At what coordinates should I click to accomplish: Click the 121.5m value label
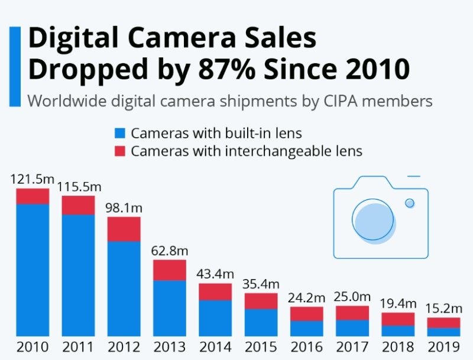(x=33, y=179)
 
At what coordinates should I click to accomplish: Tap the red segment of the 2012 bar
(x=124, y=229)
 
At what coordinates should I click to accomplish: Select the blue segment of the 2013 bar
(x=170, y=309)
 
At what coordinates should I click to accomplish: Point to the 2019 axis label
(x=444, y=347)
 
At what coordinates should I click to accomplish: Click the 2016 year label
(x=307, y=347)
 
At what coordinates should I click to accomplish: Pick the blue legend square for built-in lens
(x=120, y=133)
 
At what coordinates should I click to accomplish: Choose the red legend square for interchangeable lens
(x=120, y=151)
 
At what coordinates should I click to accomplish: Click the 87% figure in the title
(x=226, y=69)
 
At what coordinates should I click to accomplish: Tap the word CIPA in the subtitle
(x=341, y=101)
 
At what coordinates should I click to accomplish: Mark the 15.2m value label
(x=444, y=309)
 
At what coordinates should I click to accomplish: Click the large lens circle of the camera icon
(x=373, y=220)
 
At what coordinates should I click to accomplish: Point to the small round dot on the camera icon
(x=410, y=203)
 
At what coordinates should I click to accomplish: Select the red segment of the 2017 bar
(x=352, y=313)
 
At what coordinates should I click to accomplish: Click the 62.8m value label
(x=170, y=251)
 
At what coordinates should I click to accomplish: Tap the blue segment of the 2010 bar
(x=33, y=270)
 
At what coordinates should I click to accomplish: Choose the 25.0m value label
(x=352, y=297)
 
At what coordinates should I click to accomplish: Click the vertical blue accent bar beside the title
(x=15, y=67)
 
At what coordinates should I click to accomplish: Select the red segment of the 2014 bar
(x=215, y=292)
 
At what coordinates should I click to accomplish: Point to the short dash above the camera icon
(x=413, y=176)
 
